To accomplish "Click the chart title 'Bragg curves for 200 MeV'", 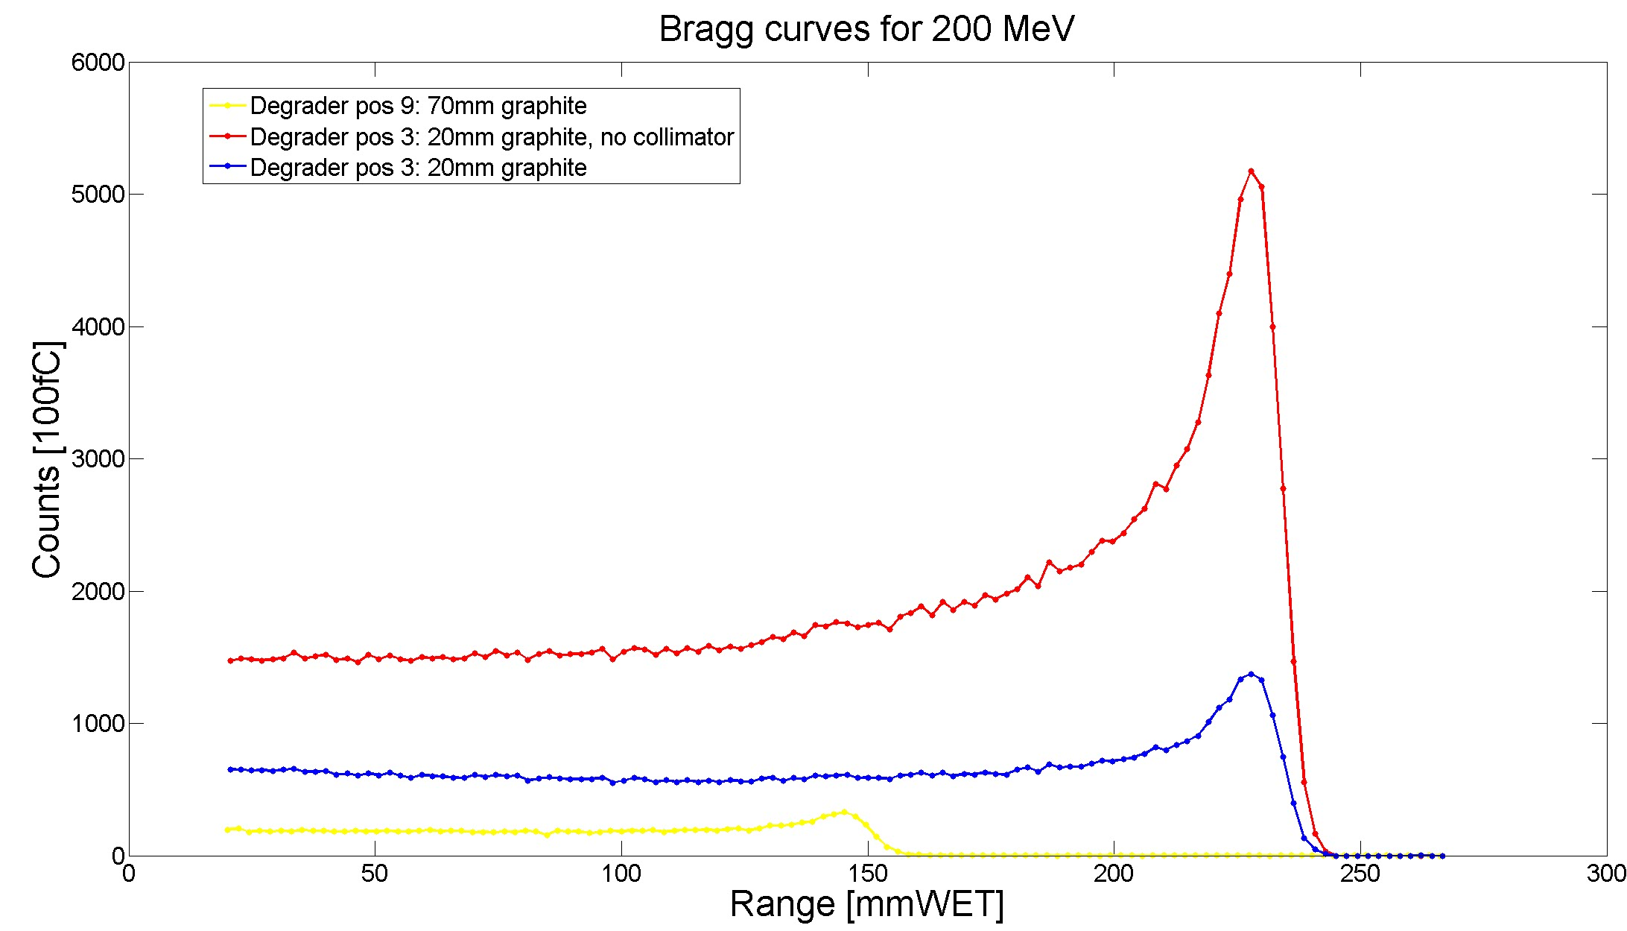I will (866, 30).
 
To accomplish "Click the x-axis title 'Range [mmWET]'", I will (866, 904).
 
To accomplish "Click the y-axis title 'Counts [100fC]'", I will (47, 459).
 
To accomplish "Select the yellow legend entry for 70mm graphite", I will (418, 106).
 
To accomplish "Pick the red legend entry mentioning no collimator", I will (492, 137).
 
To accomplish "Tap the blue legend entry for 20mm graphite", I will (418, 168).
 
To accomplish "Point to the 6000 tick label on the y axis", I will (98, 62).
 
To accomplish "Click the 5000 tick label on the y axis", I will (98, 195).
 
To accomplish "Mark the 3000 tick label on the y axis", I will (98, 458).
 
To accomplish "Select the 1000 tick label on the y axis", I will (98, 723).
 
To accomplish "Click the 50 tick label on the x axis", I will (375, 874).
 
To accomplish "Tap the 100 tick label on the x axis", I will (621, 874).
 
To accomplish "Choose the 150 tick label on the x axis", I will (868, 874).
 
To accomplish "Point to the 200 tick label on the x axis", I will (1114, 874).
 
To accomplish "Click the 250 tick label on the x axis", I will (1360, 874).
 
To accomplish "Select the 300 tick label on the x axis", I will (1606, 874).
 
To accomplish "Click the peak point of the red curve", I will (1252, 171).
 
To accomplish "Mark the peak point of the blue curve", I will (1252, 674).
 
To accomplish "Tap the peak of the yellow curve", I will (844, 812).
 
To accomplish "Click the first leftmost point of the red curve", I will (230, 660).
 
